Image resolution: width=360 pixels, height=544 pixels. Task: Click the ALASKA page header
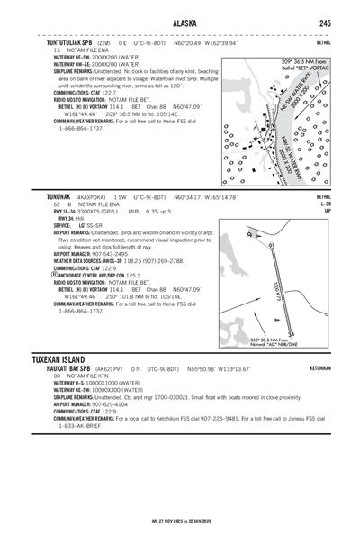point(180,23)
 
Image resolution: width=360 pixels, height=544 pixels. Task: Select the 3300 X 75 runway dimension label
point(278,271)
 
